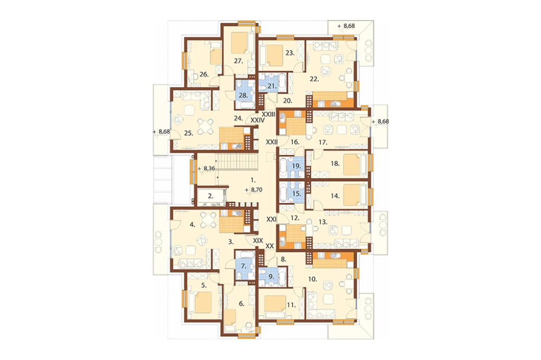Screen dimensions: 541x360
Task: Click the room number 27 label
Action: (239, 61)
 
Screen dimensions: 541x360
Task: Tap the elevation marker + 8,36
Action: (207, 169)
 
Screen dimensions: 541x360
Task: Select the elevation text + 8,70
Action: (254, 190)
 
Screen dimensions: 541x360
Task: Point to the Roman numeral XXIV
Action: (258, 121)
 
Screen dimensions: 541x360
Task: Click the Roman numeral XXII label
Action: (272, 142)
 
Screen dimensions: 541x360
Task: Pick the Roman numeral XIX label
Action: (258, 241)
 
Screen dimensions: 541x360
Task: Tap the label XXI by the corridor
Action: (272, 219)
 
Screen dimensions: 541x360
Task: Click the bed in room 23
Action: (271, 55)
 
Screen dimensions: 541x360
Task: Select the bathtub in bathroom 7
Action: (245, 256)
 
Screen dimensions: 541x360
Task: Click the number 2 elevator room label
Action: (210, 196)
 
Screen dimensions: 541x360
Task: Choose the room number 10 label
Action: (312, 279)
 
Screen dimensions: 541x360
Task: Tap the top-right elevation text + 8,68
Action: (346, 26)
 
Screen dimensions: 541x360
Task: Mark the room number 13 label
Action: (323, 222)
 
